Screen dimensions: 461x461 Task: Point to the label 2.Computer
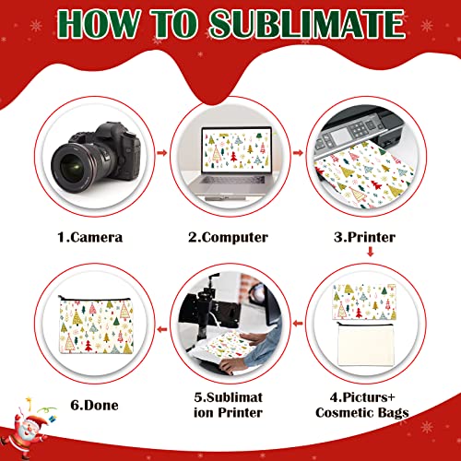click(229, 237)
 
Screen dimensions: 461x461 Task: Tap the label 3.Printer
click(367, 237)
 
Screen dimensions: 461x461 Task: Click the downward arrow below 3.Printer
click(369, 255)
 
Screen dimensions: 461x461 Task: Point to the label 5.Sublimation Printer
click(228, 403)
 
